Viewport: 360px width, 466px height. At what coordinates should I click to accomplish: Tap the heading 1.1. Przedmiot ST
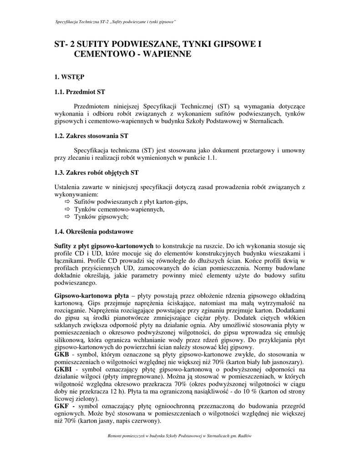pos(80,92)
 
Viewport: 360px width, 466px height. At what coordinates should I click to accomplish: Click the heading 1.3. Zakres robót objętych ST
pos(96,173)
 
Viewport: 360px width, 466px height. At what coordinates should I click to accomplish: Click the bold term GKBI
pos(63,369)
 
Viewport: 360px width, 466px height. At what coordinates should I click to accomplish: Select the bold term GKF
pos(62,406)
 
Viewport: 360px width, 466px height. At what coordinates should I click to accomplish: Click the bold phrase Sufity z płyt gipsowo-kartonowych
pos(104,246)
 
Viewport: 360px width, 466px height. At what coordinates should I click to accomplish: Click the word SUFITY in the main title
pos(94,45)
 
